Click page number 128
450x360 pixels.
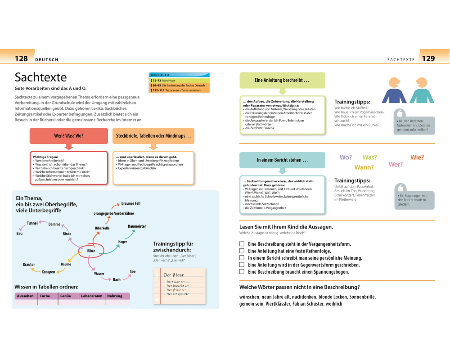(21, 58)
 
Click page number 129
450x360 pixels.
(428, 58)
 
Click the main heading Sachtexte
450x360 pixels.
(41, 77)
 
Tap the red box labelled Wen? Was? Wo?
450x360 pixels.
(68, 135)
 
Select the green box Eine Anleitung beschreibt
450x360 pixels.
(282, 80)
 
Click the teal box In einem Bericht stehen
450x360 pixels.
(282, 160)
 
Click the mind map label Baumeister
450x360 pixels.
(137, 226)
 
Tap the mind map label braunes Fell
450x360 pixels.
(131, 204)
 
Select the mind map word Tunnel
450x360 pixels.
(32, 223)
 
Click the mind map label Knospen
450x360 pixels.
(49, 272)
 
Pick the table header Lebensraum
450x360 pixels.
(92, 296)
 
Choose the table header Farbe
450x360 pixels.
(45, 296)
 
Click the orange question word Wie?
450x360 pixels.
(417, 157)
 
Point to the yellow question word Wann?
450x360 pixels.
(364, 167)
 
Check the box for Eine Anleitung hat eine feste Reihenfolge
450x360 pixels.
(242, 251)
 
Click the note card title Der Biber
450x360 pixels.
(174, 275)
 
